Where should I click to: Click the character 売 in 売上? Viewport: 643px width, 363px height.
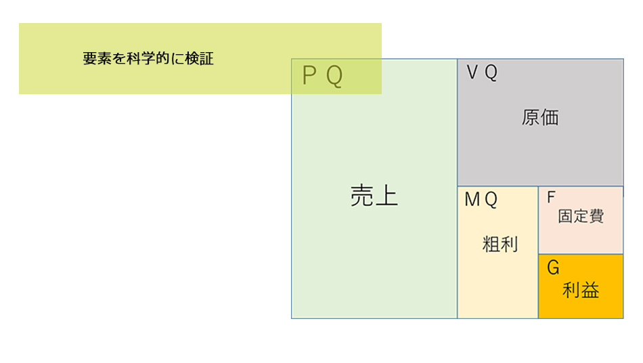click(362, 196)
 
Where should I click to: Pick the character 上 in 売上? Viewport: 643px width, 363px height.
click(387, 196)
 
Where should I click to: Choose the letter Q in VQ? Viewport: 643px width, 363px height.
click(491, 73)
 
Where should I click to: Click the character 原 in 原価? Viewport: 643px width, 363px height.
click(531, 117)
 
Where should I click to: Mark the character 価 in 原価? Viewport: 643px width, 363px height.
click(550, 117)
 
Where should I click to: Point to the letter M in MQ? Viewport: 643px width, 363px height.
click(472, 200)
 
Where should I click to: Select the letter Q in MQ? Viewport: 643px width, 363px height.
click(491, 200)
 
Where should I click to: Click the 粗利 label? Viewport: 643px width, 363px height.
click(500, 244)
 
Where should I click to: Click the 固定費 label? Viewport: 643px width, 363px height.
click(581, 217)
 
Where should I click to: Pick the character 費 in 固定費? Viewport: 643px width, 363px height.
click(596, 217)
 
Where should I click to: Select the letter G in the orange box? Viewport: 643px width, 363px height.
click(553, 269)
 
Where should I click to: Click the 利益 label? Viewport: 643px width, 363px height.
click(581, 291)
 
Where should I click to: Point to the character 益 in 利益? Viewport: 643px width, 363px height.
click(590, 291)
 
